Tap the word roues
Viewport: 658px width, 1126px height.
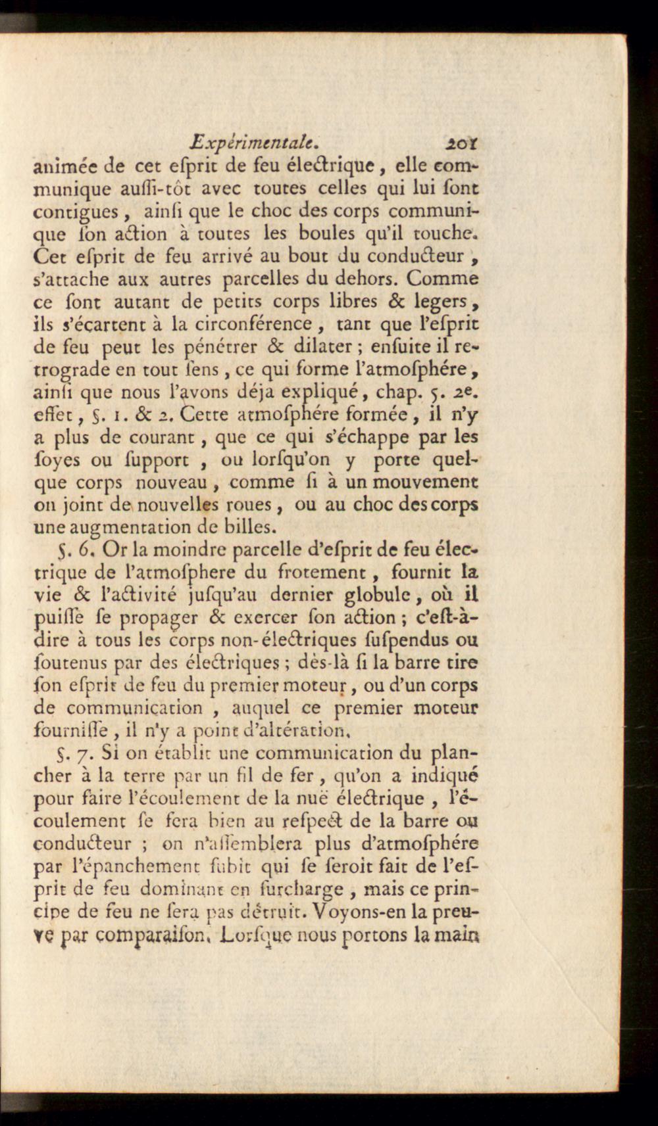point(251,505)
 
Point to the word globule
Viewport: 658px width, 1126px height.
point(382,595)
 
